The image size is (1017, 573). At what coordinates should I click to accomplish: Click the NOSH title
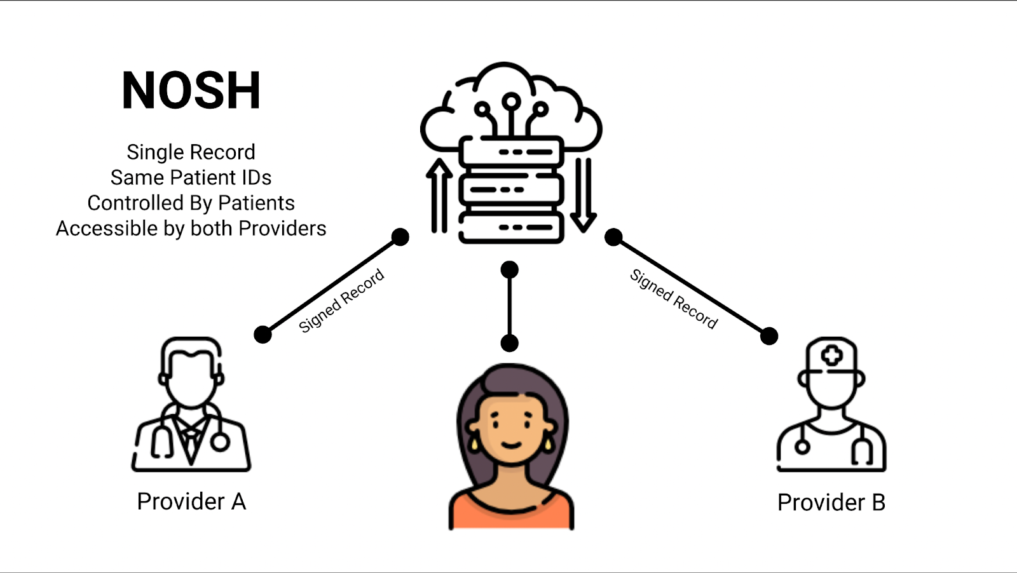[191, 91]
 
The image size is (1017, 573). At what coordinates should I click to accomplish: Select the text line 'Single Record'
[191, 152]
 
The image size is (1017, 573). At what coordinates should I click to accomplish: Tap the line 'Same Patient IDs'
[191, 178]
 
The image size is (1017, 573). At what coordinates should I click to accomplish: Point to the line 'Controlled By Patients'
[191, 203]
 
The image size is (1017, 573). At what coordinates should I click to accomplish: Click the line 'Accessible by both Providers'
[191, 229]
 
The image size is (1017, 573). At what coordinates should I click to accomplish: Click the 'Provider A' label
[191, 502]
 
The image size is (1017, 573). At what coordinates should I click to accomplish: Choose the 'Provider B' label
[831, 503]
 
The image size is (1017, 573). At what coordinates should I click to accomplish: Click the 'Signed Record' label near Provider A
[341, 300]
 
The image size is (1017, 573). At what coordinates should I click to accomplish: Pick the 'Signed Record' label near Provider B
[674, 299]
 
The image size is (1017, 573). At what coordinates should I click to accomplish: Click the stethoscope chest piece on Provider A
[220, 442]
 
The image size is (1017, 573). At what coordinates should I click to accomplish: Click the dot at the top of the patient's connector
[509, 270]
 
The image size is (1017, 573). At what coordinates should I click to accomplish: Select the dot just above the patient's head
[509, 343]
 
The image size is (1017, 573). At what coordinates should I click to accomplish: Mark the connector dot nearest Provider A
[263, 334]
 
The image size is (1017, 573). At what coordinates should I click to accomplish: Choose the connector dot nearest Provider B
[769, 335]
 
